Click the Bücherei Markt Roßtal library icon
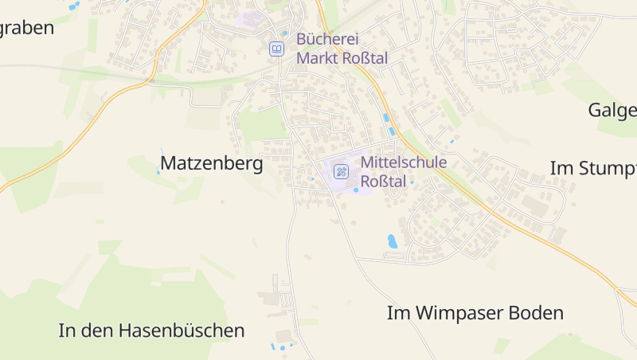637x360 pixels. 276,49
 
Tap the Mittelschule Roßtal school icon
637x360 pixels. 341,171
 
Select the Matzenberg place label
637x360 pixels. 212,163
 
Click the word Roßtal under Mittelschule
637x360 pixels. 384,182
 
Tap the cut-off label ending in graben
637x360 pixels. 26,28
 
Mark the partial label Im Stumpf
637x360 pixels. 593,168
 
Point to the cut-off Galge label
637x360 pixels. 612,110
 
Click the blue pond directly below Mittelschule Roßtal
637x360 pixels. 392,241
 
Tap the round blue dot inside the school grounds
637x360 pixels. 356,190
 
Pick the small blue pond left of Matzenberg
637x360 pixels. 158,172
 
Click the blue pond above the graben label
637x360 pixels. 74,6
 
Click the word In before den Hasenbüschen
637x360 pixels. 67,330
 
